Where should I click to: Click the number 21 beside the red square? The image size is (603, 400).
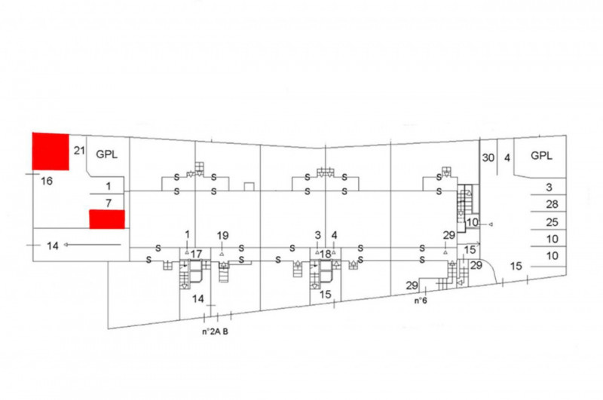pos(79,150)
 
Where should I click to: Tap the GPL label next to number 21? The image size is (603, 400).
pos(106,154)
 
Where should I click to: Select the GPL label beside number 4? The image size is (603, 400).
pos(541,156)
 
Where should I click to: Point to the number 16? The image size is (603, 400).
pos(47,181)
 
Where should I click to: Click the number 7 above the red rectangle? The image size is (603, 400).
pos(109,203)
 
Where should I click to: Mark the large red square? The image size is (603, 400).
pos(51,151)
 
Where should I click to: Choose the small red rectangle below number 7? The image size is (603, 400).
pos(107,219)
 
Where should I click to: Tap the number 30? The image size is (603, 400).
pos(488,157)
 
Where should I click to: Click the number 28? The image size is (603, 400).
pos(552,204)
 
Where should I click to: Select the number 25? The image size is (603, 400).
pos(552,222)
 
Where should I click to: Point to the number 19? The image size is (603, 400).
pos(222,235)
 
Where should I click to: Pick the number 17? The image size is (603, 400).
pos(196,254)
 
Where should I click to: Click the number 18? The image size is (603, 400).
pos(326,254)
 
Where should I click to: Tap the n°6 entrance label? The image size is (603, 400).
pos(421,301)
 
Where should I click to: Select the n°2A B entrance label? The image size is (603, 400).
pos(215,331)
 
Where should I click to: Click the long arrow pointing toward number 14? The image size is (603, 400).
pos(92,244)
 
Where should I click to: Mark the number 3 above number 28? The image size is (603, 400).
pos(549,187)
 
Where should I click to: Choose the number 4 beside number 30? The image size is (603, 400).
pos(507,157)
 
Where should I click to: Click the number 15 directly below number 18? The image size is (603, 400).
pos(326,295)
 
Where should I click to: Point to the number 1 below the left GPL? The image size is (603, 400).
pos(109,186)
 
